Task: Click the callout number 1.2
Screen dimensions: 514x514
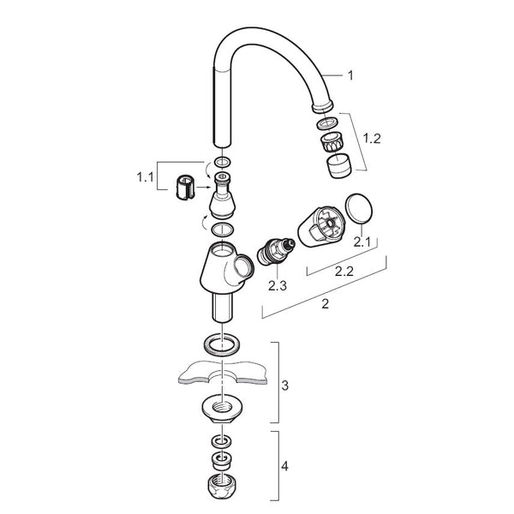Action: (x=372, y=139)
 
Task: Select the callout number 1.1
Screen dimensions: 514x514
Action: (x=145, y=177)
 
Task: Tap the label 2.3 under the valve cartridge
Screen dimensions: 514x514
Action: (x=278, y=285)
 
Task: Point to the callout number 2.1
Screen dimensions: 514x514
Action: (x=362, y=242)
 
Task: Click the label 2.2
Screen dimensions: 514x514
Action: (x=344, y=271)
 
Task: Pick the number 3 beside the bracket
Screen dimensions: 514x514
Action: (x=285, y=385)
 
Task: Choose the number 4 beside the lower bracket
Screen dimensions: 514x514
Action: (x=284, y=466)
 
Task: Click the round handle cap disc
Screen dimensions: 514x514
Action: (x=359, y=208)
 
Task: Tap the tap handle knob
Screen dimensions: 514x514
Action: (x=321, y=226)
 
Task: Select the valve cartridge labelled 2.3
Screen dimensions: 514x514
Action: (x=276, y=251)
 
